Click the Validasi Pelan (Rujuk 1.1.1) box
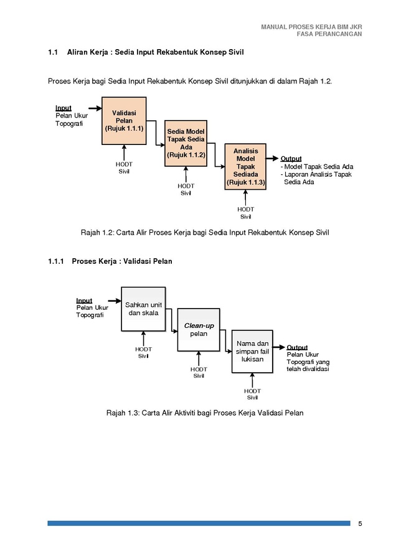pos(124,121)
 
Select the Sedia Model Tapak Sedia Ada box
pos(186,143)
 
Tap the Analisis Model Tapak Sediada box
pos(245,166)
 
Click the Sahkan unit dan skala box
pos(143,309)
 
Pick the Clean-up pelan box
pos(199,330)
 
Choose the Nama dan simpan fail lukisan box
pos(252,352)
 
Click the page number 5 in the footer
pos(360,523)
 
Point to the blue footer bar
pos(199,523)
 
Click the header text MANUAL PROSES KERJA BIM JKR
pos(311,27)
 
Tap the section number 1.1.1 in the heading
pos(56,261)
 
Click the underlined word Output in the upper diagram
pos(291,159)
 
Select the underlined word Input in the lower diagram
pos(84,301)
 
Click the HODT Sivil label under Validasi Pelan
pos(124,168)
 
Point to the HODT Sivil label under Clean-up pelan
pos(199,373)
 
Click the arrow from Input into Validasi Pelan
pos(95,108)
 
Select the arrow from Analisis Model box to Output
pos(272,158)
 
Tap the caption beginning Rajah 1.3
pos(205,413)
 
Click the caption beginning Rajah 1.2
pos(205,233)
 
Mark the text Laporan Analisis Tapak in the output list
pos(318,174)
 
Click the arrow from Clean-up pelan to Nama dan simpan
pos(226,341)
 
